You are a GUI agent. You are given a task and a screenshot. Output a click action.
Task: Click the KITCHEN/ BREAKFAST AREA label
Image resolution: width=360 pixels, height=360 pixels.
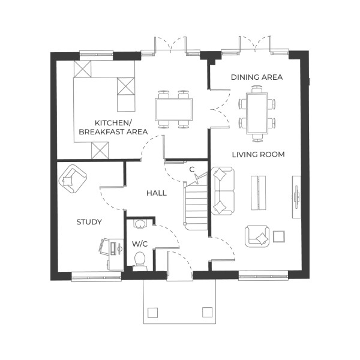coord(105,126)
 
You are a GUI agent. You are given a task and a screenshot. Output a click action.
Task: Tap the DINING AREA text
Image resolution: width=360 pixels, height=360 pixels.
coord(257,77)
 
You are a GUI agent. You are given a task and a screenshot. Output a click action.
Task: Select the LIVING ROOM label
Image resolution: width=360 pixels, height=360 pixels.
coord(258,155)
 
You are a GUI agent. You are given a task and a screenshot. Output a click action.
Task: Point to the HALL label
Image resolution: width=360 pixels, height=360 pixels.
coord(156,193)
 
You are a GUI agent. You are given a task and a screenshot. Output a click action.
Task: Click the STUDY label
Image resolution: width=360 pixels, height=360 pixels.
coord(89,222)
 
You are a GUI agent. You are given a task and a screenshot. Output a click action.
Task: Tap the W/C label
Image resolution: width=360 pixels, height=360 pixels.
coord(139,244)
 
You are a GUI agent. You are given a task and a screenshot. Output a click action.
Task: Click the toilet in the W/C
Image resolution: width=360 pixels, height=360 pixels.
coord(140,260)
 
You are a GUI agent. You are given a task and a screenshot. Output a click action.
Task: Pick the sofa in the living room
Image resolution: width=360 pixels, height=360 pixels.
coord(221,191)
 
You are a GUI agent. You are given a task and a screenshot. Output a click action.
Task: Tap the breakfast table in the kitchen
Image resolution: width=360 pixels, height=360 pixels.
coord(174,109)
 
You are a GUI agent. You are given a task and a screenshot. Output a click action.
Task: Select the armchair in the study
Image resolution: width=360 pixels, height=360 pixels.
coord(73,178)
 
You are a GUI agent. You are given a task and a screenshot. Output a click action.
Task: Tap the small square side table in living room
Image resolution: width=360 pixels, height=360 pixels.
coord(279,236)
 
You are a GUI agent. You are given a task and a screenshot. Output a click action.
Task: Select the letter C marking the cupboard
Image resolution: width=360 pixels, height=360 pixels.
coord(191,169)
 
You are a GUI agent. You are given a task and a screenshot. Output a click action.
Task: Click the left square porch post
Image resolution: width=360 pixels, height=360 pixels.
coord(152,312)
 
